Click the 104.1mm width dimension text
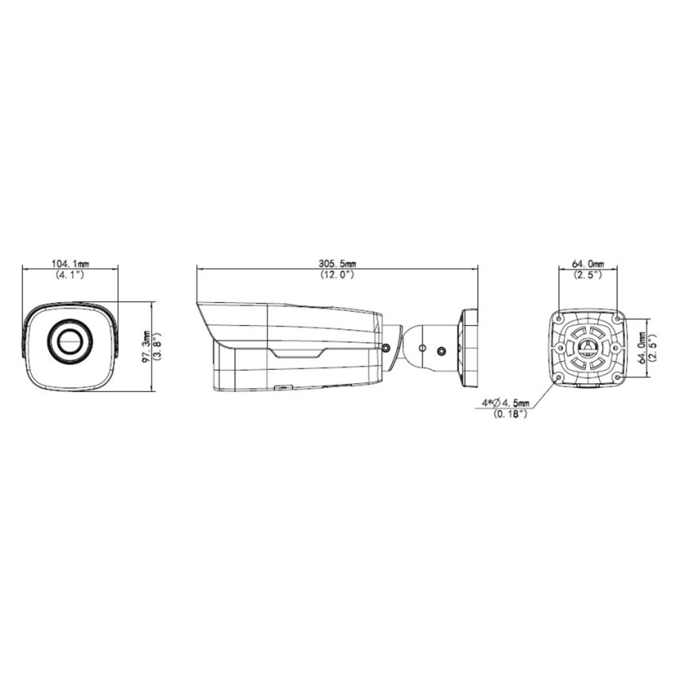[70, 262]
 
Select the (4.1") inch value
[70, 274]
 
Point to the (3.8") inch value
[157, 346]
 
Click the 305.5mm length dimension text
[338, 262]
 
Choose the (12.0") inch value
[338, 274]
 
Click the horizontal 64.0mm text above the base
[588, 262]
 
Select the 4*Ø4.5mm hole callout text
[506, 404]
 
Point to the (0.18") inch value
[509, 414]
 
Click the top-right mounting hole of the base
[616, 317]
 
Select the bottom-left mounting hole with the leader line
[561, 376]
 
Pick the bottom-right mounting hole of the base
[616, 376]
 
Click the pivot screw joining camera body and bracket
[386, 347]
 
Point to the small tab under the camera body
[282, 387]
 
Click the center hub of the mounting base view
[589, 348]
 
